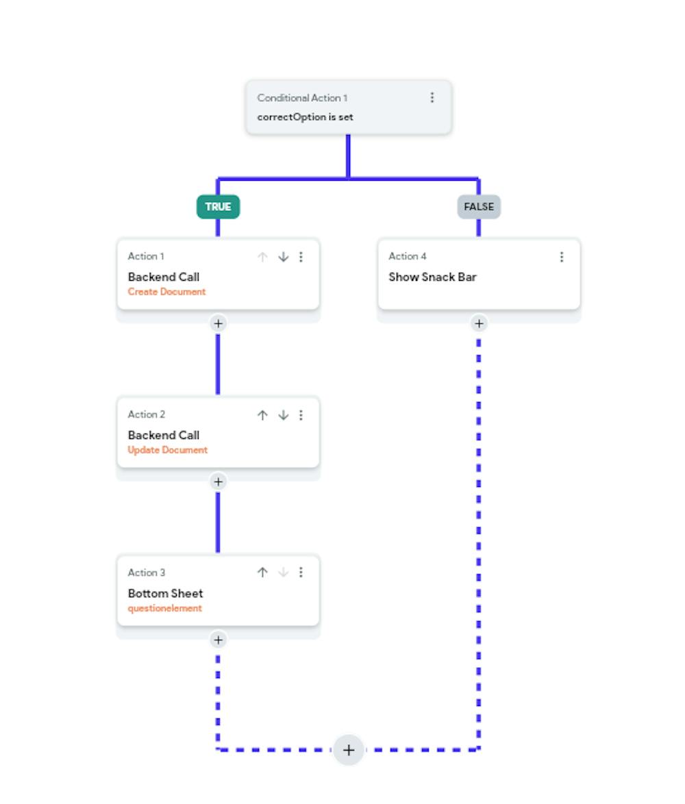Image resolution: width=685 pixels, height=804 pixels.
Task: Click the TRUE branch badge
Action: (218, 207)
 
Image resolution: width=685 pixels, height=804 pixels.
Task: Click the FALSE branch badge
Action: (479, 207)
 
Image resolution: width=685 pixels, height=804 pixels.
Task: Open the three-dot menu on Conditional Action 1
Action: (432, 97)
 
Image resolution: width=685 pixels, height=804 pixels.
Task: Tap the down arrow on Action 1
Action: (283, 256)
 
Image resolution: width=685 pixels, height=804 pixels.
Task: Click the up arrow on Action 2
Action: (262, 415)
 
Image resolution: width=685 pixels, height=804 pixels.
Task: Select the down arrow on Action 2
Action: (283, 415)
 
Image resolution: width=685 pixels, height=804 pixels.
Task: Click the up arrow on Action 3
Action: (262, 573)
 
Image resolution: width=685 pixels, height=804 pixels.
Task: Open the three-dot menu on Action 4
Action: (562, 256)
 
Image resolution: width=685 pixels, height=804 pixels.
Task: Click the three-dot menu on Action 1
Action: (301, 256)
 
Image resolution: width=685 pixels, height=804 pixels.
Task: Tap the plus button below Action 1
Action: (218, 323)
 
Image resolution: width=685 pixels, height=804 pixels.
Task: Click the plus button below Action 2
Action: (218, 481)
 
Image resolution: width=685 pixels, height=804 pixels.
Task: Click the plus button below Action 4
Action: (479, 323)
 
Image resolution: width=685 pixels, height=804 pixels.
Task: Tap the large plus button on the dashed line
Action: (349, 750)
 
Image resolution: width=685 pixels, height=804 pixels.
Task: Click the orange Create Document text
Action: (166, 292)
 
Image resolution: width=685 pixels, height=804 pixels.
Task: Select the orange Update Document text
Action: (168, 450)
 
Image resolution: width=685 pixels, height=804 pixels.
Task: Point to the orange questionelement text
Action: (164, 608)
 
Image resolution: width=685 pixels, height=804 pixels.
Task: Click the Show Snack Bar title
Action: (432, 277)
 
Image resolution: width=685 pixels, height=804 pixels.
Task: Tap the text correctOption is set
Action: (305, 117)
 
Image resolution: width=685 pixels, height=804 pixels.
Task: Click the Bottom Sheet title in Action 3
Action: (165, 593)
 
